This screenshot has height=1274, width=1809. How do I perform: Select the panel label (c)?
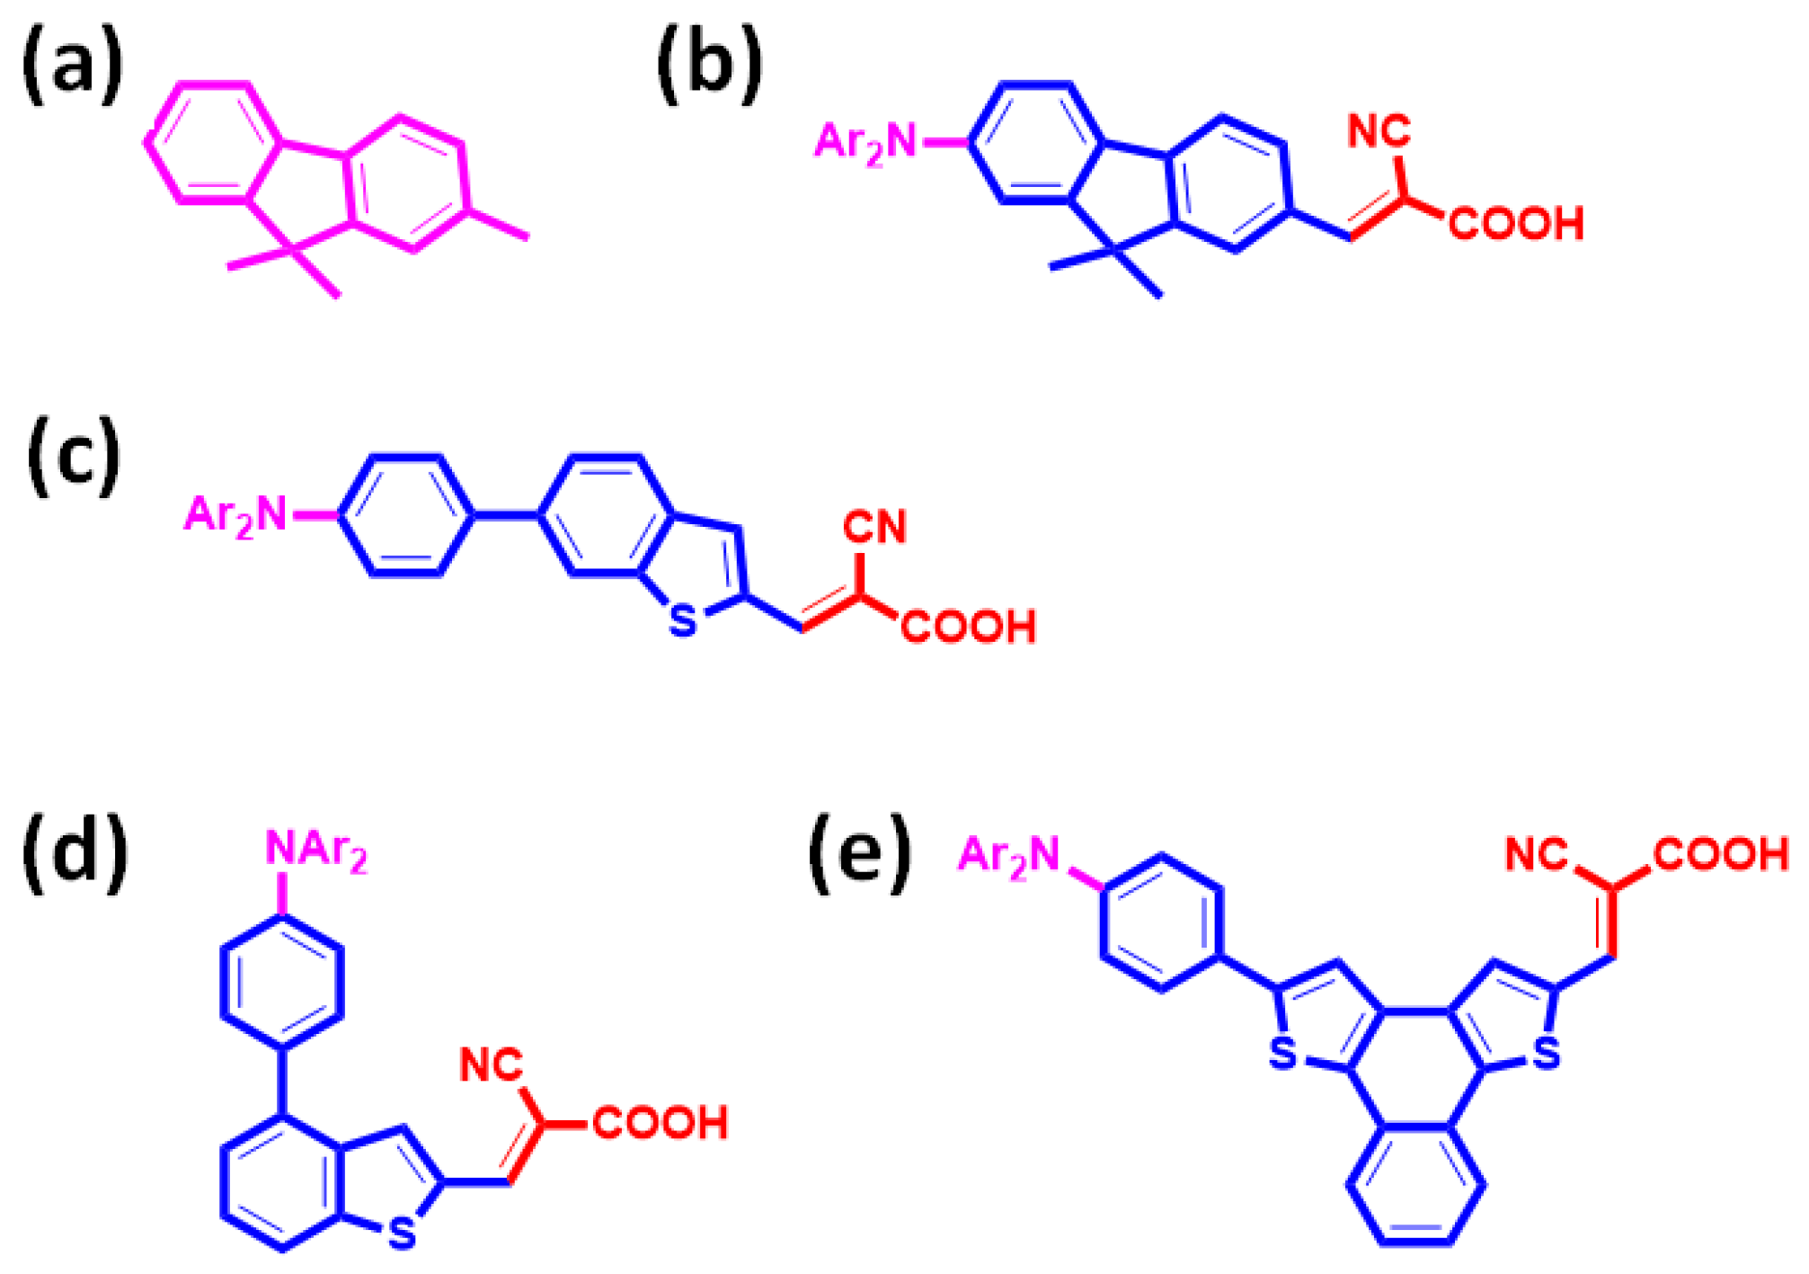point(74,456)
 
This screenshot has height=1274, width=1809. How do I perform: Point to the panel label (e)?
point(858,853)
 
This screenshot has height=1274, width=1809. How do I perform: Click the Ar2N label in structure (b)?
point(865,143)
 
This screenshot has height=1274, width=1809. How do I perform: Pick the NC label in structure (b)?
point(1379,132)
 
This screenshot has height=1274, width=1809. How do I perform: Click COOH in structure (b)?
point(1516,224)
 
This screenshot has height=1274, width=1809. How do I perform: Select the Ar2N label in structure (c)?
point(235,516)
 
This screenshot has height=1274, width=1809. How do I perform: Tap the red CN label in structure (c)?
point(874,527)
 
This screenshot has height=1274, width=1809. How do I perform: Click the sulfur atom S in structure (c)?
point(683,621)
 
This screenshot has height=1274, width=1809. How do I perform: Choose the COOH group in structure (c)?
point(969,627)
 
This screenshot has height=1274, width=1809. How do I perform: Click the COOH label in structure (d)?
point(661,1123)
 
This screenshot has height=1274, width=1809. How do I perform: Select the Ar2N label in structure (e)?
point(1009,855)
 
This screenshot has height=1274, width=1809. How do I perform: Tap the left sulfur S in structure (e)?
point(1283,1054)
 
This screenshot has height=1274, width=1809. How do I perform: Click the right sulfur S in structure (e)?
point(1547,1054)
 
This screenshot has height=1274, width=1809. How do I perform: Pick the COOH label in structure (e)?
point(1721,854)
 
